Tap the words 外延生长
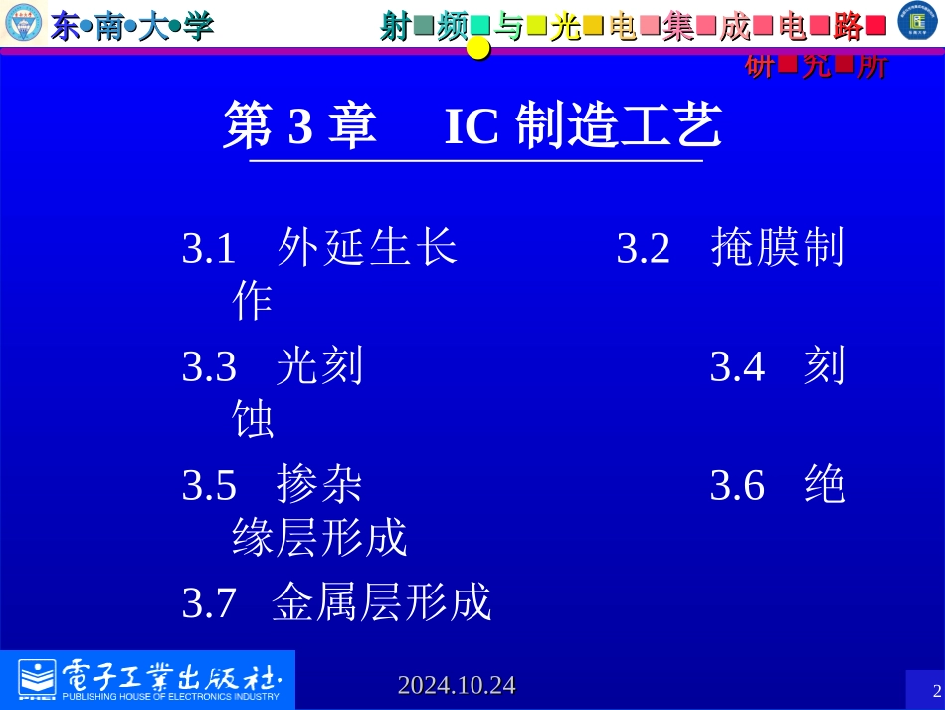(x=368, y=247)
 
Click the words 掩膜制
(x=778, y=247)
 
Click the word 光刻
(x=320, y=367)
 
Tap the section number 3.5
(x=209, y=486)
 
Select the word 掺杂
(x=320, y=485)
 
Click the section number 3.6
(x=737, y=486)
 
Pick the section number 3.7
(x=209, y=603)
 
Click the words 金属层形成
(x=382, y=602)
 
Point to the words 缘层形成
(x=319, y=539)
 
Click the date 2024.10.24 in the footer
(x=457, y=685)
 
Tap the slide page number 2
(x=935, y=691)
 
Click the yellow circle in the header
(x=479, y=48)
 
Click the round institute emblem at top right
(x=917, y=22)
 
